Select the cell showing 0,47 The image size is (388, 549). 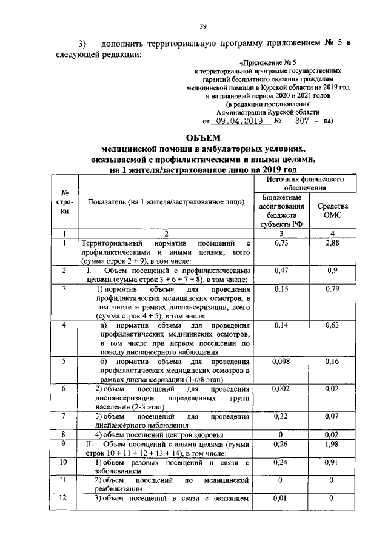pos(281,271)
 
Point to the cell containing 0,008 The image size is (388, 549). pos(281,362)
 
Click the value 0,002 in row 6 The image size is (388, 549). pos(281,389)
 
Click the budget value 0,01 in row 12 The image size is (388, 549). pos(281,499)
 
